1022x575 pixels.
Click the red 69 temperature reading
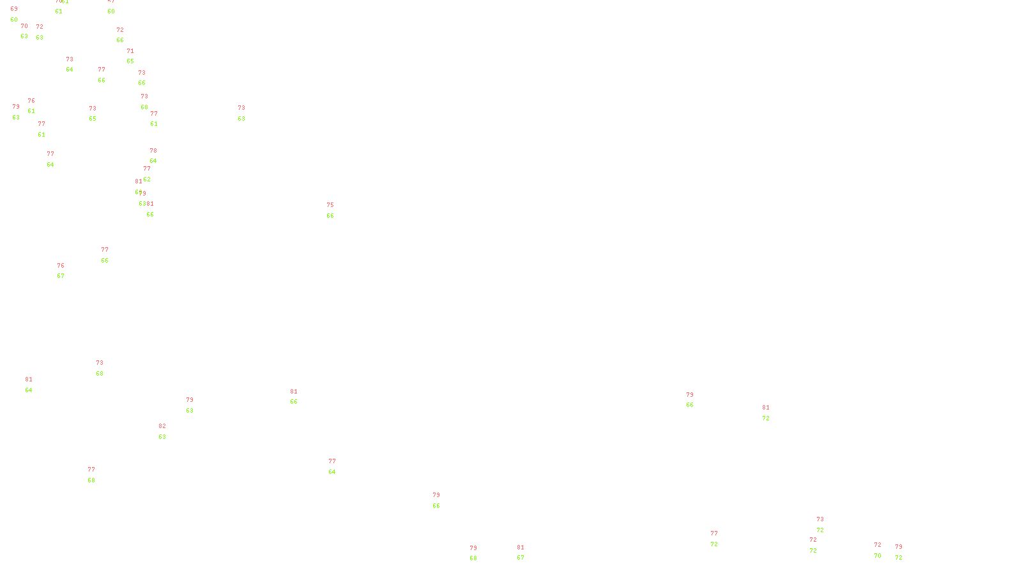14,9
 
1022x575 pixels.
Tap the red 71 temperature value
130,51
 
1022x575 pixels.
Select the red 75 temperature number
330,205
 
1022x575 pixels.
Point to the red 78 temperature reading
153,151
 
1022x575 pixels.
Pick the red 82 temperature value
162,426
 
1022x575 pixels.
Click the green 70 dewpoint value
878,556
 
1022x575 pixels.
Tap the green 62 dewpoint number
147,180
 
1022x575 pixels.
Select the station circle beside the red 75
336,211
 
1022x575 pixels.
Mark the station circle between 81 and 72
772,413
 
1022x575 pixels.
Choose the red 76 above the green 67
61,266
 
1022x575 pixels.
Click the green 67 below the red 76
61,276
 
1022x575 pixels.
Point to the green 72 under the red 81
766,418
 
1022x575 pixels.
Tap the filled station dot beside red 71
137,56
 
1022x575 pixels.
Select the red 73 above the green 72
820,519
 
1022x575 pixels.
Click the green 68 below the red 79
473,558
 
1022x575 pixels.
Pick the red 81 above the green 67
521,548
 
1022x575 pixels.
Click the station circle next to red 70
30,31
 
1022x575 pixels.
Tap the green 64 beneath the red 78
153,161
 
